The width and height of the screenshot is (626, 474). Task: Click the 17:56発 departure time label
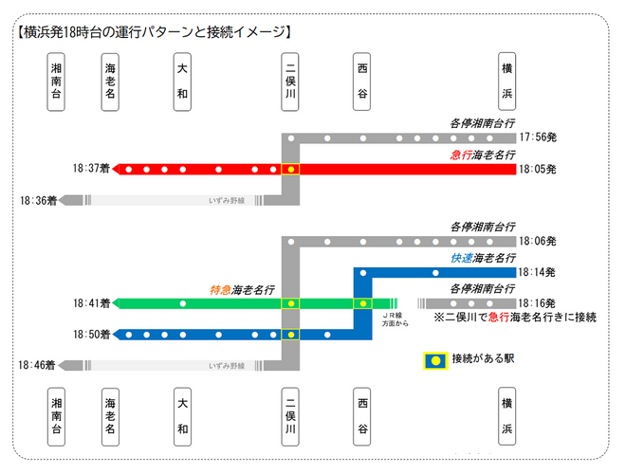(x=538, y=137)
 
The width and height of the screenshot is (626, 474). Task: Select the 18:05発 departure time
(x=538, y=169)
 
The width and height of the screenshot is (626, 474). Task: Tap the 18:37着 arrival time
(x=91, y=169)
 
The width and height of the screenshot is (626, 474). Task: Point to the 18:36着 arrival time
(x=39, y=200)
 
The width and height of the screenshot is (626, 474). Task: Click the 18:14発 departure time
(x=537, y=272)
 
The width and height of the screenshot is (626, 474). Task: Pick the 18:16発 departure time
(x=537, y=303)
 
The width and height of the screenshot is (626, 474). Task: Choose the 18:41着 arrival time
(x=91, y=303)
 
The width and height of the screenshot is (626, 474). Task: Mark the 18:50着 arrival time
(x=91, y=335)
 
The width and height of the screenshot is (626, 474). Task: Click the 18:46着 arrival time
(x=37, y=365)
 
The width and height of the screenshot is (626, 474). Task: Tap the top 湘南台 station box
(x=56, y=82)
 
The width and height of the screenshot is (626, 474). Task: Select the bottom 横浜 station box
(x=507, y=416)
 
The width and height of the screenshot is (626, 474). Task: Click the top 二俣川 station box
(x=290, y=82)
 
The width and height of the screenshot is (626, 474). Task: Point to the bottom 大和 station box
(x=182, y=416)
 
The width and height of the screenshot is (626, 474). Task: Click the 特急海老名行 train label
(x=242, y=290)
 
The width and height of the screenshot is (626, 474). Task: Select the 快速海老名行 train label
(x=483, y=259)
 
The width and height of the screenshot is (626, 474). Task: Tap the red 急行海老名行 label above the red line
(x=483, y=155)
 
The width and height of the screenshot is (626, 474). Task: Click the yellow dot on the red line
(x=291, y=169)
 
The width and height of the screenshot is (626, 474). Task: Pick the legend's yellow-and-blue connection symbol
(x=435, y=360)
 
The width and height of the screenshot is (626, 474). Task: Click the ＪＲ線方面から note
(x=395, y=319)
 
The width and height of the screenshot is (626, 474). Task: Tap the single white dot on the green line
(x=183, y=303)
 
